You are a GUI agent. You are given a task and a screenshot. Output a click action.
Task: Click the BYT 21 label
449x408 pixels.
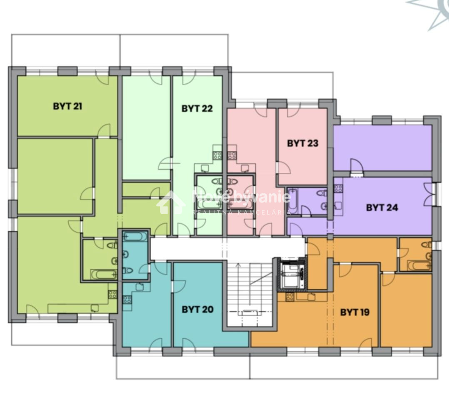click(x=67, y=106)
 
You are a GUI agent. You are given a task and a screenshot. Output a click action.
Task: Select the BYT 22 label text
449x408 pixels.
click(x=197, y=109)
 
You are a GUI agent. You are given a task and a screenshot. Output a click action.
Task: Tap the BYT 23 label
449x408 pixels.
click(x=303, y=143)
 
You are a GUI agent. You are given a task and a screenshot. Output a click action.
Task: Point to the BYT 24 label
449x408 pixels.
click(x=382, y=208)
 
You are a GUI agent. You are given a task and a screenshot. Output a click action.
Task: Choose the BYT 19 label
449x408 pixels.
click(x=355, y=312)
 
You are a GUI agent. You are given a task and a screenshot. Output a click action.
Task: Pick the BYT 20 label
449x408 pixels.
click(x=197, y=309)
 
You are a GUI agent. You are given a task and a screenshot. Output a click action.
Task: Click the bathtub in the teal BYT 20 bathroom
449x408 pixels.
click(x=135, y=237)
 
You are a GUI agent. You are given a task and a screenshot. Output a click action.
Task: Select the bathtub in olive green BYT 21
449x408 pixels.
click(x=104, y=275)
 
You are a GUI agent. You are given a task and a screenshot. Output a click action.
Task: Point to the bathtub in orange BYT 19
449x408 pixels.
click(x=419, y=265)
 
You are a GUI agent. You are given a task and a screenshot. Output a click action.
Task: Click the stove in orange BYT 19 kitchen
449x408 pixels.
click(x=290, y=297)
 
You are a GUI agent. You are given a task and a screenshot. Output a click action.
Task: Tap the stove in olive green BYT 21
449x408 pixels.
click(x=112, y=294)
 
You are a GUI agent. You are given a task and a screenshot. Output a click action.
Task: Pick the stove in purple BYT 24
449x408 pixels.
click(x=338, y=188)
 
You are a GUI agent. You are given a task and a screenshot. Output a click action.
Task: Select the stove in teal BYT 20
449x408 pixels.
click(x=127, y=300)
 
